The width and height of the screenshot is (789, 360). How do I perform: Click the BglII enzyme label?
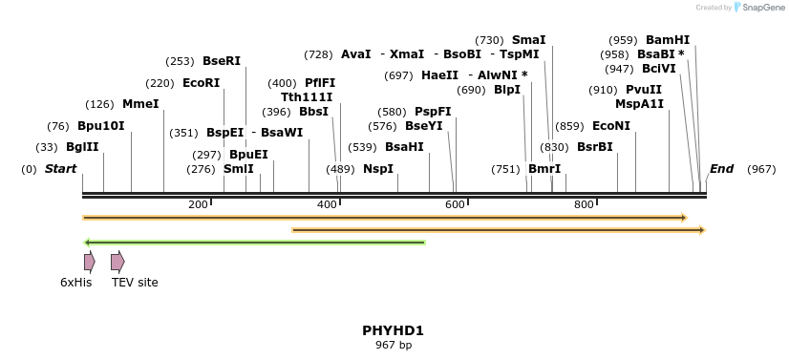pos(82,147)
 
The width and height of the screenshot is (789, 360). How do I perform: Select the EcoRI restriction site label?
pos(201,83)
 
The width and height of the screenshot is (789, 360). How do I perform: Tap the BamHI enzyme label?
pos(668,40)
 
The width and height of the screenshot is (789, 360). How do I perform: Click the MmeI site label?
pos(140,104)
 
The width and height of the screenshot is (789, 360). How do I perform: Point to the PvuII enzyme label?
pos(644,90)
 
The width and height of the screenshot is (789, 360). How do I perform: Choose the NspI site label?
pos(378,169)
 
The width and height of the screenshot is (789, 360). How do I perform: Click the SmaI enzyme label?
pos(528,40)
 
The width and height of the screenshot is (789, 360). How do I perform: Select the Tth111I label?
pos(307,97)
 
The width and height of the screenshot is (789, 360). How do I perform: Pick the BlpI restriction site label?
pos(507,90)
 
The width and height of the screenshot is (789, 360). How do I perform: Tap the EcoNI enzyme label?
pos(611,126)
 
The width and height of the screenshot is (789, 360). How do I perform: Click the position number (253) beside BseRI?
pos(181,61)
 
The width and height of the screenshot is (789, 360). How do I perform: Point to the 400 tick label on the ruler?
pos(327,204)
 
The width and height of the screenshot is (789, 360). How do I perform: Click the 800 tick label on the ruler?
pos(583,204)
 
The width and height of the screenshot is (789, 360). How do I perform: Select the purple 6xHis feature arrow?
pos(89,262)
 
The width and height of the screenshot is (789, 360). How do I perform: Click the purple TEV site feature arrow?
pos(117,262)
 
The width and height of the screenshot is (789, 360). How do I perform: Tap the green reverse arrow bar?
pos(254,243)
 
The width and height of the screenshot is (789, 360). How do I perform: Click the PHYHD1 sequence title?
pos(393,330)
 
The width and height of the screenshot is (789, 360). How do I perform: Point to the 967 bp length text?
pos(393,345)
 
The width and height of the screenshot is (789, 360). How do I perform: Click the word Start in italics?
pos(60,169)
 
